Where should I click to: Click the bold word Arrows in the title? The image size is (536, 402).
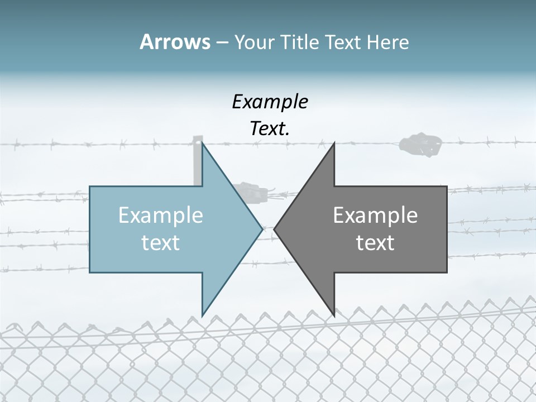pos(175,42)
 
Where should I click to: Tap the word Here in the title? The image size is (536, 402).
pos(387,42)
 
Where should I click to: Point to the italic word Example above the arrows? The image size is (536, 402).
pos(270,102)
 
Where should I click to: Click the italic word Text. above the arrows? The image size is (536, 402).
pos(270,128)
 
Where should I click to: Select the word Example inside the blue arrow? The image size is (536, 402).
pos(161,215)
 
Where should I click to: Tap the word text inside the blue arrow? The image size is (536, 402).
pos(161,242)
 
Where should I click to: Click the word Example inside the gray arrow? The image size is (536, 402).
pos(375,215)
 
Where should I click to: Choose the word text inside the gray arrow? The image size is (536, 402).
pos(375,242)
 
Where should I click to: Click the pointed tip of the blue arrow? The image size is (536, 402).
pos(262,228)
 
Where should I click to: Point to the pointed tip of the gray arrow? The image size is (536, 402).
pos(275,228)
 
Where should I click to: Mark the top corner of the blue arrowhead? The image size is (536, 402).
pos(203,144)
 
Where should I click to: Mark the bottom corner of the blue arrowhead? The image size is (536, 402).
pos(203,314)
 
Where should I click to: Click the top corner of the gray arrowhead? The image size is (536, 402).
pos(334,144)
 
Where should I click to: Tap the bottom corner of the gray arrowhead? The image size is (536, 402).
pos(334,314)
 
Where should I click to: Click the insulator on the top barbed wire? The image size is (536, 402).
pos(420,145)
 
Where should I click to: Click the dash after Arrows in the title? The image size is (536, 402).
pos(222,42)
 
